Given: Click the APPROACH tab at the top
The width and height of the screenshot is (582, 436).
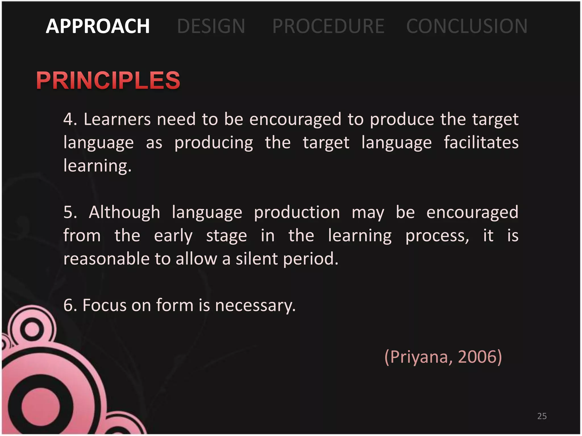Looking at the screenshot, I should pos(97,26).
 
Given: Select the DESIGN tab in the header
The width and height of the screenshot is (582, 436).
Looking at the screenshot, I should pos(211,26).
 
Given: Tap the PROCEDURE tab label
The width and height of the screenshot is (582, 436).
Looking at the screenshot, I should pos(328,26).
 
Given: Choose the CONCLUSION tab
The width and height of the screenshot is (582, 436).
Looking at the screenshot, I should pos(467,26).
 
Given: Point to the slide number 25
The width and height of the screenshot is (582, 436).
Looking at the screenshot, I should pos(542,416).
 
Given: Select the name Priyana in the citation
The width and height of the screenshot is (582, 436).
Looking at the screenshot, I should pos(419,357).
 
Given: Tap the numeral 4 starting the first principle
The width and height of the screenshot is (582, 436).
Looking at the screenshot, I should pos(68,119).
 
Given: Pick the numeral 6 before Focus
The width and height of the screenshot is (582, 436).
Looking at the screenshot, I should pos(68,305).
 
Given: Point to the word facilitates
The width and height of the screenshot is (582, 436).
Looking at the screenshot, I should pos(481,142).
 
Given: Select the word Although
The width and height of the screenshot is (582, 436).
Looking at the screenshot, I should pos(124,212).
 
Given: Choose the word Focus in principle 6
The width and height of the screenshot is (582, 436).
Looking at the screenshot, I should pos(104,305).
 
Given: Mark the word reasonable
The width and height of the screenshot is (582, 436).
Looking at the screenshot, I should pos(106,259).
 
